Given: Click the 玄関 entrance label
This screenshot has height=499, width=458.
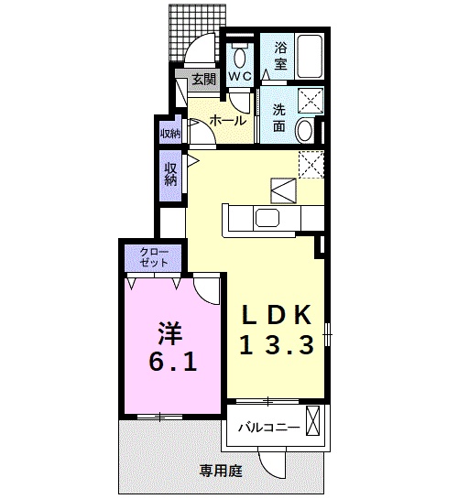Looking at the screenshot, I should (203, 80).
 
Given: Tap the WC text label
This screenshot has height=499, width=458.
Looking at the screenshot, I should (240, 76).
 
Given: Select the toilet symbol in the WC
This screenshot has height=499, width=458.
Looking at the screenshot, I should (240, 47).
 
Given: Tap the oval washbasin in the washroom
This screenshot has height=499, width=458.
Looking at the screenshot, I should (306, 130).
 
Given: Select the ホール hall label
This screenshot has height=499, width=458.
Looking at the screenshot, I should (227, 120).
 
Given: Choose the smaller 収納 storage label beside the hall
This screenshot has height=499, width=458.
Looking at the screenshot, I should (169, 133).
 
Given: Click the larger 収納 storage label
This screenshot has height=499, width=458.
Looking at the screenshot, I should (170, 173).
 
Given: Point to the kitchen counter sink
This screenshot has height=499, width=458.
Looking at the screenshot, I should (268, 217).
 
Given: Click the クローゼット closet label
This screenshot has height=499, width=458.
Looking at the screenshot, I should (153, 257).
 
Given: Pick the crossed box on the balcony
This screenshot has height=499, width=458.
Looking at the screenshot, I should (313, 422).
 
